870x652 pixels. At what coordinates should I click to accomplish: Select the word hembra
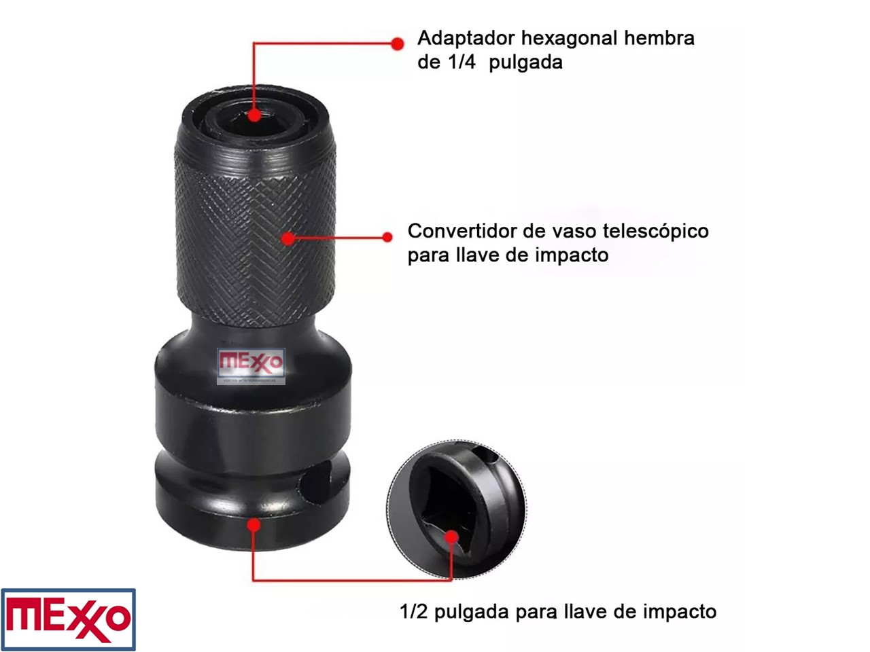[659, 39]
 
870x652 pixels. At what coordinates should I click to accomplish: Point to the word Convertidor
[462, 231]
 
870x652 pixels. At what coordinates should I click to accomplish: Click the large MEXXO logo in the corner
[68, 619]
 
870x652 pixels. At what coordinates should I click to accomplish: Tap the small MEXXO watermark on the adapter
[251, 366]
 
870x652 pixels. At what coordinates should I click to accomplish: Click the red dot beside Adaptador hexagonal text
[397, 43]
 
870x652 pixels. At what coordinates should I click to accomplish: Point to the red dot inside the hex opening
[254, 115]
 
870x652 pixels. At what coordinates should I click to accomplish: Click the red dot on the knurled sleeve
[288, 238]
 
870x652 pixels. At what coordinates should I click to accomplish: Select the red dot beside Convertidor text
[387, 237]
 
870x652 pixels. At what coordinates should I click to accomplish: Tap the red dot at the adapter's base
[254, 525]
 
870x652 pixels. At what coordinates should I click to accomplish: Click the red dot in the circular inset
[451, 537]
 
